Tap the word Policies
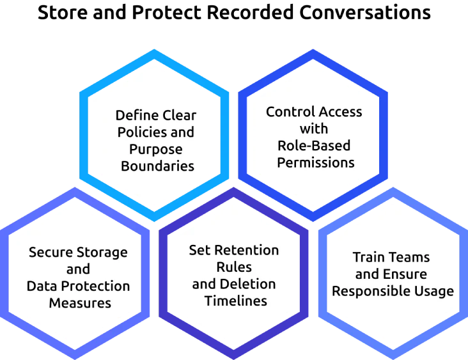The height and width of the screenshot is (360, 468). tap(141, 132)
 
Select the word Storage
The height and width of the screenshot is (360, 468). tap(103, 252)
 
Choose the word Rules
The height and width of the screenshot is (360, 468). tap(234, 266)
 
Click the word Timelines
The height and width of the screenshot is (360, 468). tap(234, 300)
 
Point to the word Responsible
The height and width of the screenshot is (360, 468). tap(374, 292)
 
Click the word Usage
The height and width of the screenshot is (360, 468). tap(435, 292)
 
